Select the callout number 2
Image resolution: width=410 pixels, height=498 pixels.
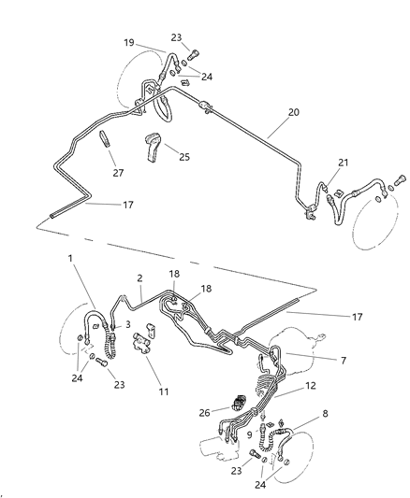pos(139,278)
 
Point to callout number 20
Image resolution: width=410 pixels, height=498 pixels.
pos(293,111)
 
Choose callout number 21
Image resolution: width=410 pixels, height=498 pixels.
pos(343,164)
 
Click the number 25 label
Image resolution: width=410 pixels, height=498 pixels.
pos(183,157)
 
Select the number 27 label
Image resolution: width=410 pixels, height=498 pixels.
pos(117,172)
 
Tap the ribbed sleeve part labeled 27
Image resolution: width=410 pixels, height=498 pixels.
pos(106,140)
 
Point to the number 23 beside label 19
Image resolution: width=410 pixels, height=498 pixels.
pos(176,38)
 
